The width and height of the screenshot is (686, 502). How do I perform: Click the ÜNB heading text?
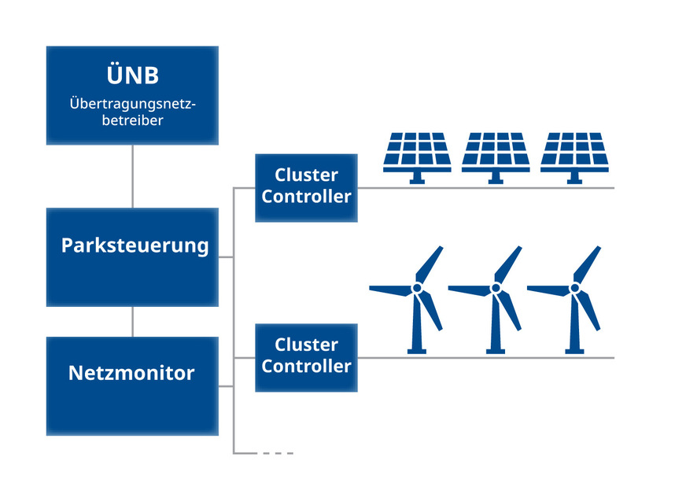(x=132, y=76)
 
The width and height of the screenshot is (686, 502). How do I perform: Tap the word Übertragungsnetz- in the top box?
(x=132, y=103)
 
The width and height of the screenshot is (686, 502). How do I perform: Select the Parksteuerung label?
(x=135, y=245)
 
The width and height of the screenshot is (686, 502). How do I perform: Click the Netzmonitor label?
(x=131, y=372)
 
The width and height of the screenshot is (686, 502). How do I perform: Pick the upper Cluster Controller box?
(x=306, y=186)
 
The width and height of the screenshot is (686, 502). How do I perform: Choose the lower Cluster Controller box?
(x=306, y=356)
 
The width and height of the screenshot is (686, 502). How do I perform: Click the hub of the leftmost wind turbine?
(x=418, y=289)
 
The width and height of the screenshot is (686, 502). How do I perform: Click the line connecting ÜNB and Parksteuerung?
(x=132, y=176)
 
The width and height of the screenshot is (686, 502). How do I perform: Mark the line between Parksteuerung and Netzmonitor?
(x=132, y=322)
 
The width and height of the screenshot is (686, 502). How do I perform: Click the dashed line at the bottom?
(x=277, y=453)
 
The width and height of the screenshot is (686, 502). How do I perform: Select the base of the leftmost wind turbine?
(x=418, y=349)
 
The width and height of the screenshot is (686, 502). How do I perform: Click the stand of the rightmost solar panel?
(x=574, y=179)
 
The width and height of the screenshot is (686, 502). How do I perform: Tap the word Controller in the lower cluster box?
(x=306, y=366)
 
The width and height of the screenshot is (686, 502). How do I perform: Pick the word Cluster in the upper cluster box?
(x=306, y=175)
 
